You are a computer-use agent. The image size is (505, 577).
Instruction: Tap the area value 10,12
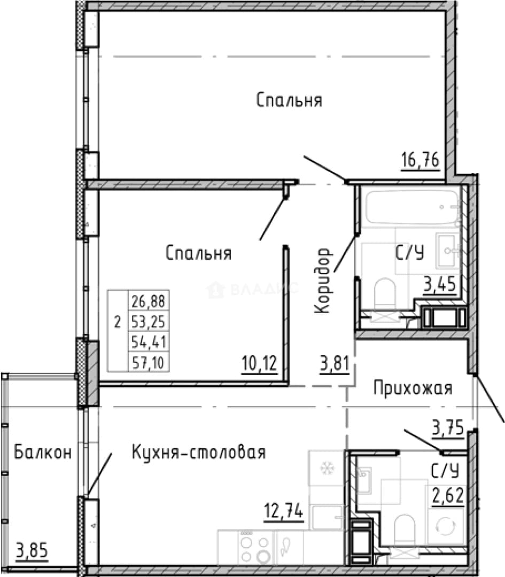pyautogui.click(x=260, y=364)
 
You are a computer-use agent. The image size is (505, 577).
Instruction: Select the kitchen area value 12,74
pyautogui.click(x=284, y=511)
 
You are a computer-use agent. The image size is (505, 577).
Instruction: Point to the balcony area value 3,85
pyautogui.click(x=32, y=551)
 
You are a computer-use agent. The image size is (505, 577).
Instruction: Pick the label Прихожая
pyautogui.click(x=413, y=388)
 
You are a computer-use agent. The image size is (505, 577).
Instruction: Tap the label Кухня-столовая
pyautogui.click(x=199, y=453)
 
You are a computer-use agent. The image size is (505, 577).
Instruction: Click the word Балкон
pyautogui.click(x=43, y=453)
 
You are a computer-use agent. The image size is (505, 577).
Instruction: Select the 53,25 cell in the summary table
pyautogui.click(x=149, y=322)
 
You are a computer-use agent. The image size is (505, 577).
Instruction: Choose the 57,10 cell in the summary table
pyautogui.click(x=149, y=363)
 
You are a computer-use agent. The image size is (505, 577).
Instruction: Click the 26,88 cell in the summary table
pyautogui.click(x=149, y=301)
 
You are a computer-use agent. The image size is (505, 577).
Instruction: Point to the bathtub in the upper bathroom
pyautogui.click(x=412, y=207)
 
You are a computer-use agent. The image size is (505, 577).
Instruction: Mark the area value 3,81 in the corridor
pyautogui.click(x=335, y=364)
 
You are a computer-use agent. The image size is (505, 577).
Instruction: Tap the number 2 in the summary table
pyautogui.click(x=118, y=323)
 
